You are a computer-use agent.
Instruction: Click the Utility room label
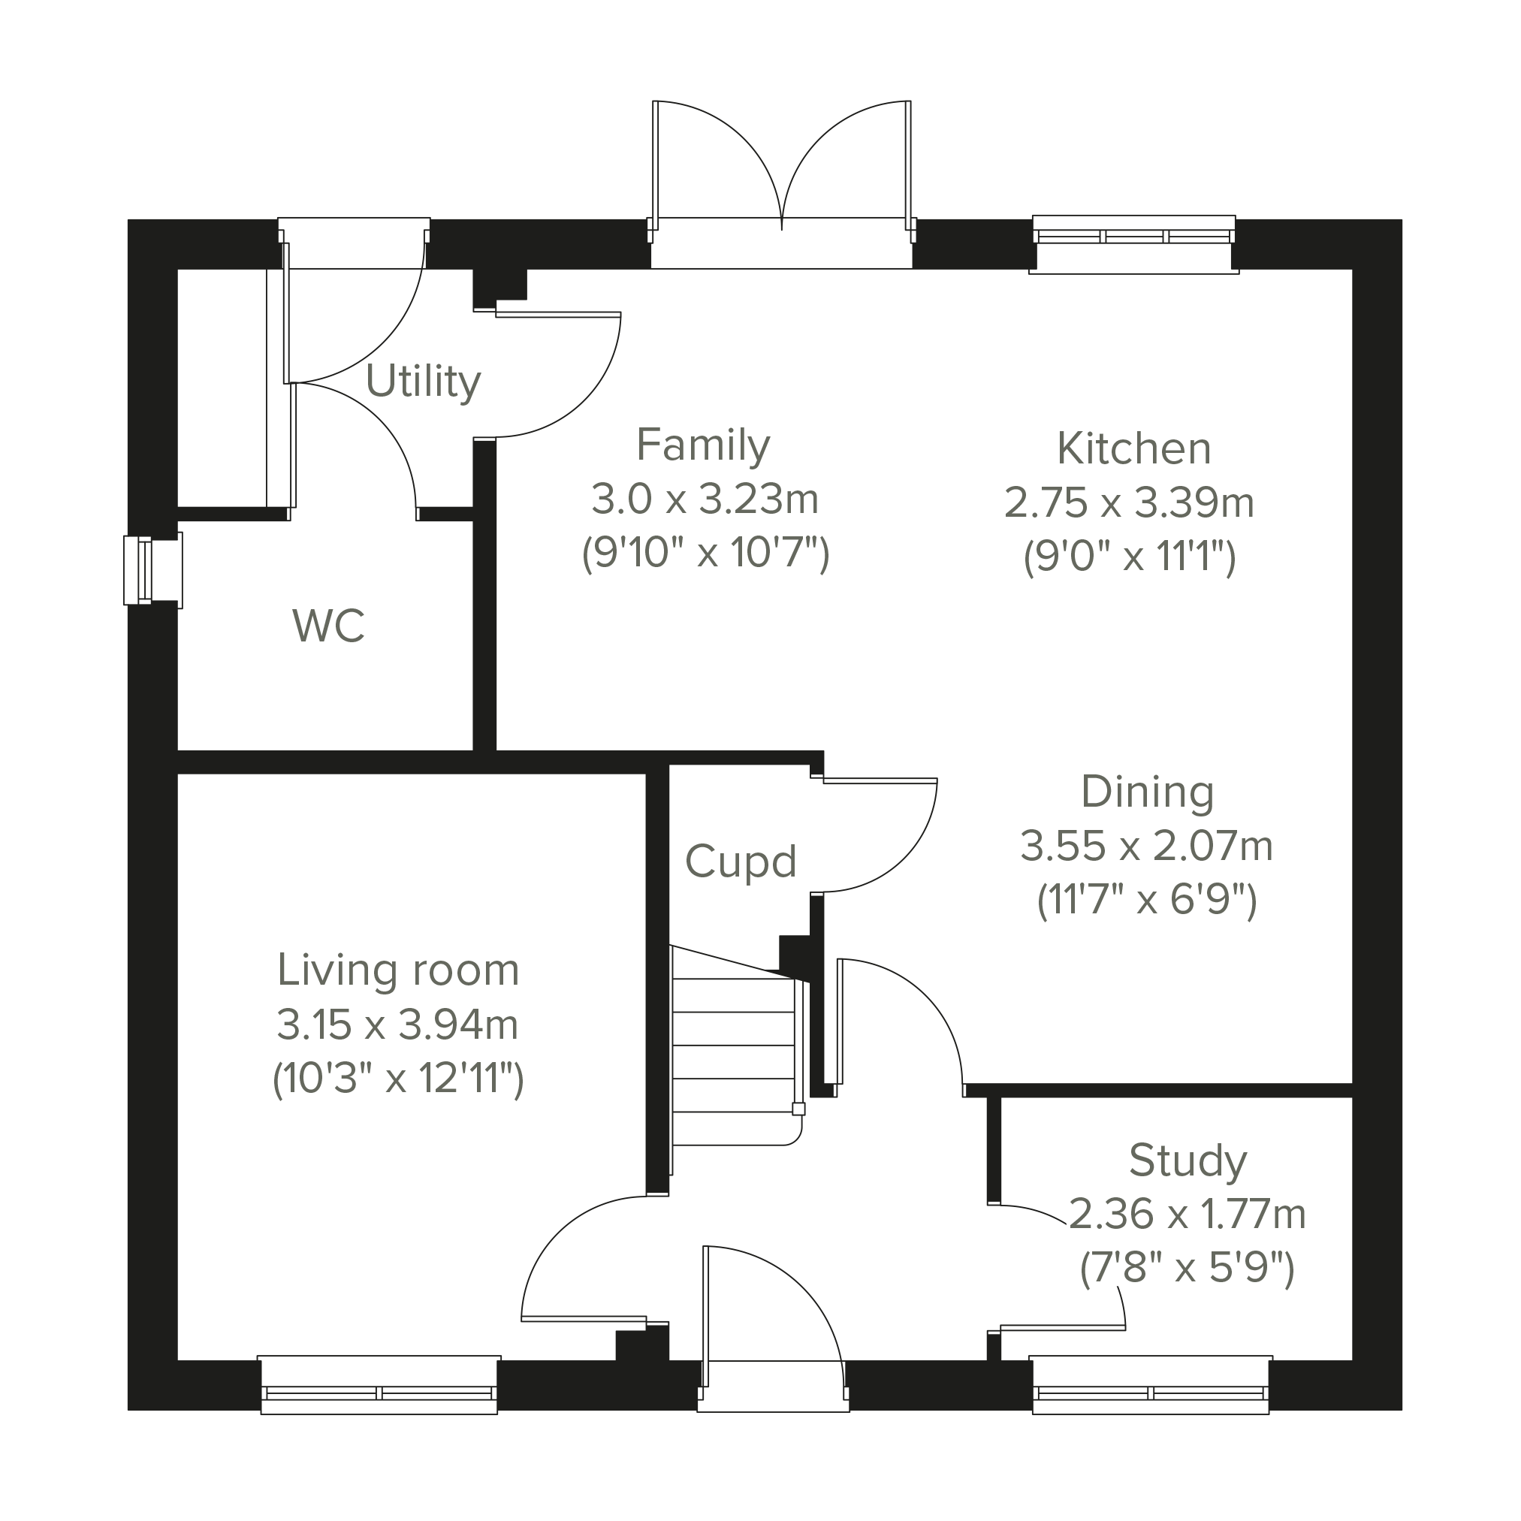pos(423,383)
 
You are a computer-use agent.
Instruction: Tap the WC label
pos(328,626)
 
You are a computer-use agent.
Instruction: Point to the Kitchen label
pos(1133,448)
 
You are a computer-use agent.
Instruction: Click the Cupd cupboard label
pos(741,862)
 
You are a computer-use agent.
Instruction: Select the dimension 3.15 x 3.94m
pos(397,1025)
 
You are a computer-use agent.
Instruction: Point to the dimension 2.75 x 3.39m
pos(1129,503)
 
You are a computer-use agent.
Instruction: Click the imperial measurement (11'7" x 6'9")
pos(1147,900)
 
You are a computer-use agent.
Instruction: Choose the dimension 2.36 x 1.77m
pos(1188,1215)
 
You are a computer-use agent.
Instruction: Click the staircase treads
pos(734,1047)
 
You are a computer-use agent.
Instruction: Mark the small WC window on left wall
pos(152,571)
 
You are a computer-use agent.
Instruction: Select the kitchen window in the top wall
pos(1133,244)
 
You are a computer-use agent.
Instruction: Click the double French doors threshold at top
pos(782,243)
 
